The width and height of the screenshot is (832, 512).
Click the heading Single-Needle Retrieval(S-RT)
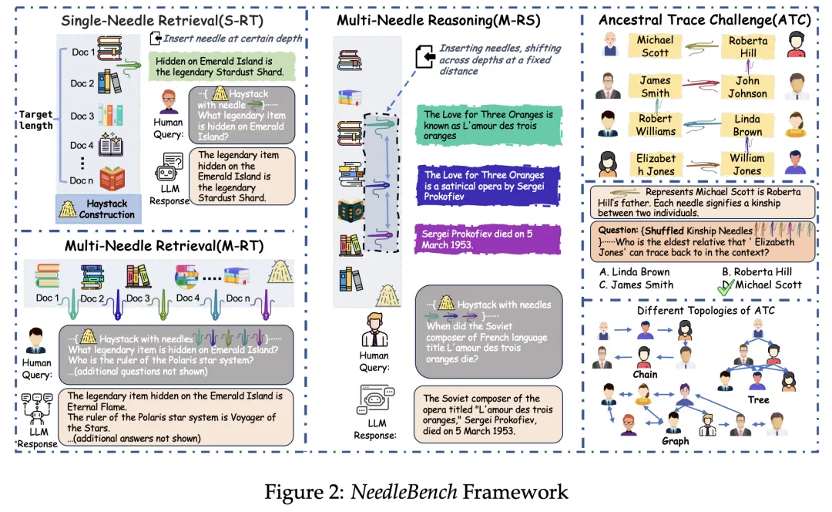(x=162, y=21)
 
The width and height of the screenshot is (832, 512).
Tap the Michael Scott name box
(x=655, y=46)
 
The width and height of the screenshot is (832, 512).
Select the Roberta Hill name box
(x=747, y=47)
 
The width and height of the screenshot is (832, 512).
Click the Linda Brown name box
(x=747, y=126)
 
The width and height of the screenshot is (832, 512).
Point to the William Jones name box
(x=746, y=165)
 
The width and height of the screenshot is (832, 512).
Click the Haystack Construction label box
(x=99, y=209)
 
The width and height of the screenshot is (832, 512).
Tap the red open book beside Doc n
(x=112, y=179)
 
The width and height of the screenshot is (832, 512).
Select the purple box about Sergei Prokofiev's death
(x=488, y=239)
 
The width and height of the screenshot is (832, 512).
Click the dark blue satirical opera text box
(x=488, y=185)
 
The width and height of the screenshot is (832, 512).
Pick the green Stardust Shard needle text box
(x=222, y=66)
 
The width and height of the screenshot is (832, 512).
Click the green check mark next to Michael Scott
(x=726, y=287)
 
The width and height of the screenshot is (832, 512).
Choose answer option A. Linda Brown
(x=635, y=272)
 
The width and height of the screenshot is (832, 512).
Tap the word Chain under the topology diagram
(x=645, y=375)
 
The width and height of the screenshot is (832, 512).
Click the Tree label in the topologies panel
(x=758, y=400)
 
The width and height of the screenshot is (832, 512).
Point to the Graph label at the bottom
(x=675, y=441)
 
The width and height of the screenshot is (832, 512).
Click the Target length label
(x=36, y=120)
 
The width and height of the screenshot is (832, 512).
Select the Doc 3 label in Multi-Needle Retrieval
(x=138, y=298)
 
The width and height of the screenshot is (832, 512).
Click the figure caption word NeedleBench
(x=404, y=492)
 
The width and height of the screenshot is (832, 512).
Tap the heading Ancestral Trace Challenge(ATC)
(x=705, y=20)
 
